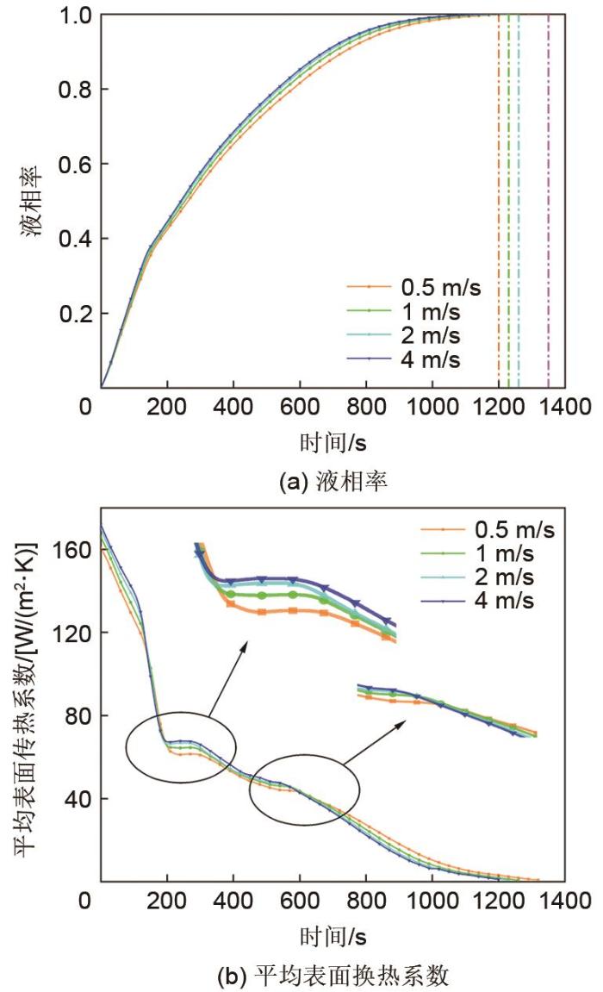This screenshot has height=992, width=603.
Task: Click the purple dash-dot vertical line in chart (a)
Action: pyautogui.click(x=549, y=198)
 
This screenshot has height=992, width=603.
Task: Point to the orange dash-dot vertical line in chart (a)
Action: pyautogui.click(x=498, y=198)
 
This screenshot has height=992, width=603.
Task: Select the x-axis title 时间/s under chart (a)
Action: pyautogui.click(x=333, y=441)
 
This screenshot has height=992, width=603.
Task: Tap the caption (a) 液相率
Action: pyautogui.click(x=333, y=481)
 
